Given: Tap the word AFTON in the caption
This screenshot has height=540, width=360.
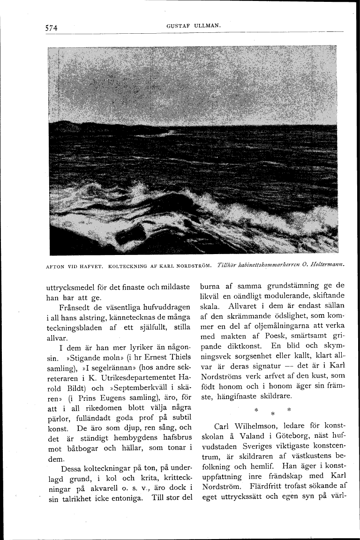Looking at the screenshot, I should coord(56,266).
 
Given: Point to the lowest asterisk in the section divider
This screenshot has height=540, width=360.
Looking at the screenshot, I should coord(272,414).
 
